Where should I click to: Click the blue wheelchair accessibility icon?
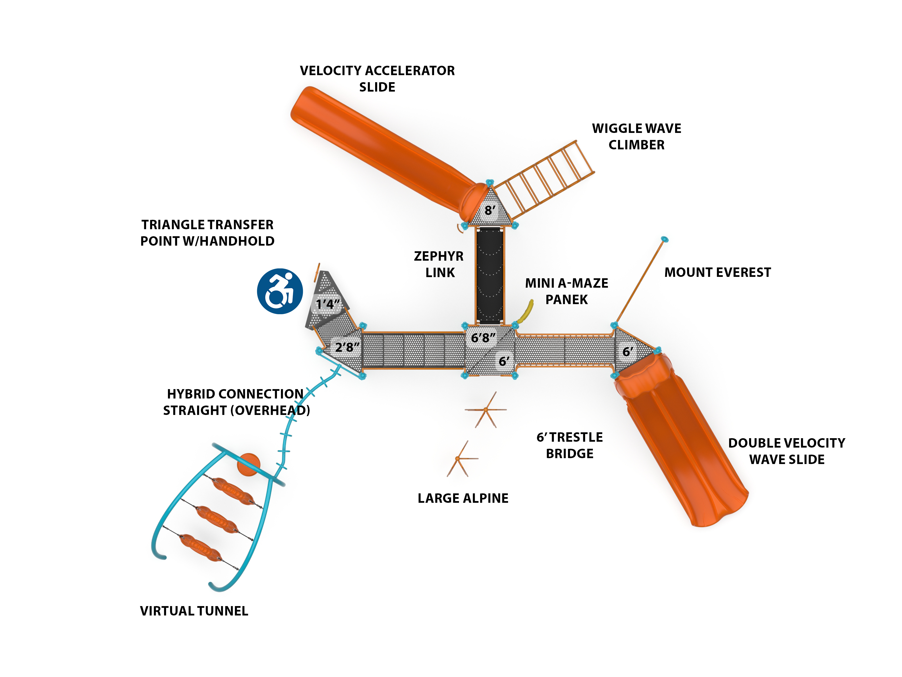(x=280, y=291)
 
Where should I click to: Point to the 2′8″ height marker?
(x=347, y=347)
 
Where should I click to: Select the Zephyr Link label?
(x=439, y=264)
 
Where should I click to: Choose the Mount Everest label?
(x=717, y=272)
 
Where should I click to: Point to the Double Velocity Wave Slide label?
(x=787, y=451)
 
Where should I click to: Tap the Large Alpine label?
(x=463, y=498)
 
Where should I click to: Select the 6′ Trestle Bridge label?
(x=570, y=445)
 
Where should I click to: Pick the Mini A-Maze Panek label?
(x=566, y=291)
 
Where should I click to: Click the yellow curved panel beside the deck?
(x=526, y=312)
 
